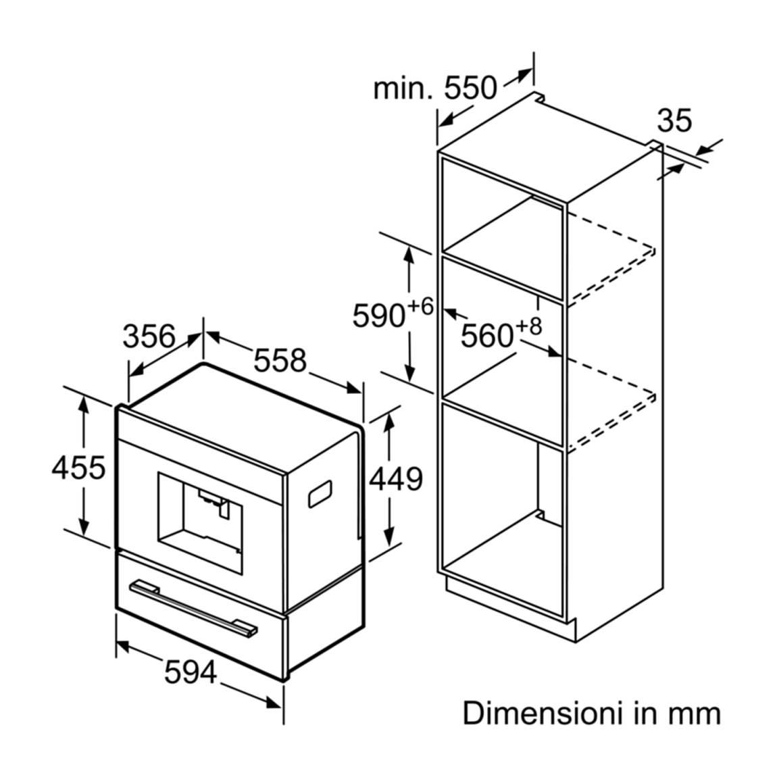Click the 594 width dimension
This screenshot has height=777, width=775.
tap(191, 672)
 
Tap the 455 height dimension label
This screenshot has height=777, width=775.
tap(78, 468)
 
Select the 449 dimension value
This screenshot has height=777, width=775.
tap(397, 478)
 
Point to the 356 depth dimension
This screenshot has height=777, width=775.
tap(149, 336)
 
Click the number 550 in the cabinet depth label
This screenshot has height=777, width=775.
tap(470, 88)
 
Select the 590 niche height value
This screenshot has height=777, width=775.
tap(379, 316)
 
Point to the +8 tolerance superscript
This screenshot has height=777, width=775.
tap(529, 326)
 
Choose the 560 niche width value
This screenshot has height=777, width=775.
tap(487, 336)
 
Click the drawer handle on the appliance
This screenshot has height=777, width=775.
tap(193, 607)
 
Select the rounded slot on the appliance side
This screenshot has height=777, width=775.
tap(320, 494)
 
